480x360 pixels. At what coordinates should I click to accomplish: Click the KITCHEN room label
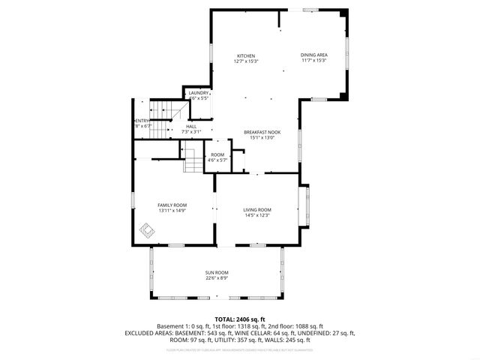point(246,56)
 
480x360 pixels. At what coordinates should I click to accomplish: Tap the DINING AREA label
point(314,55)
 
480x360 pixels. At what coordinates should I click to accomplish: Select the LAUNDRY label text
point(199,93)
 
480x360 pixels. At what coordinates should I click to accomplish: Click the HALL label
point(191,127)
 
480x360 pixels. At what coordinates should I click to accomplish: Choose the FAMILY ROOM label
point(172,205)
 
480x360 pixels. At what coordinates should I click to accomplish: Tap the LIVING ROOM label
point(257,210)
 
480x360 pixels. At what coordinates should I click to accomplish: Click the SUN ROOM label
point(217,272)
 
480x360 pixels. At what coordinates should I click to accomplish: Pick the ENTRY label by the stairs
point(142,121)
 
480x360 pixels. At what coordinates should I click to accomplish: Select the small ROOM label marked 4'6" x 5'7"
point(217,154)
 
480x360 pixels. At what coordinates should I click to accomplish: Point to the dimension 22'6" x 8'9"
point(217,278)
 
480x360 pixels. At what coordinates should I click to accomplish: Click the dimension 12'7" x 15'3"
point(246,61)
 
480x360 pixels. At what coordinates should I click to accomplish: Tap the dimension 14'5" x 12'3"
point(257,216)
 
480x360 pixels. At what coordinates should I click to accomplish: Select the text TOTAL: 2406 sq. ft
point(240,319)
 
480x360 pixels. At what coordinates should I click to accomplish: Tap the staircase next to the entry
point(159,112)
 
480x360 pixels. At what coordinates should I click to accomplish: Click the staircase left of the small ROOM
point(193,159)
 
